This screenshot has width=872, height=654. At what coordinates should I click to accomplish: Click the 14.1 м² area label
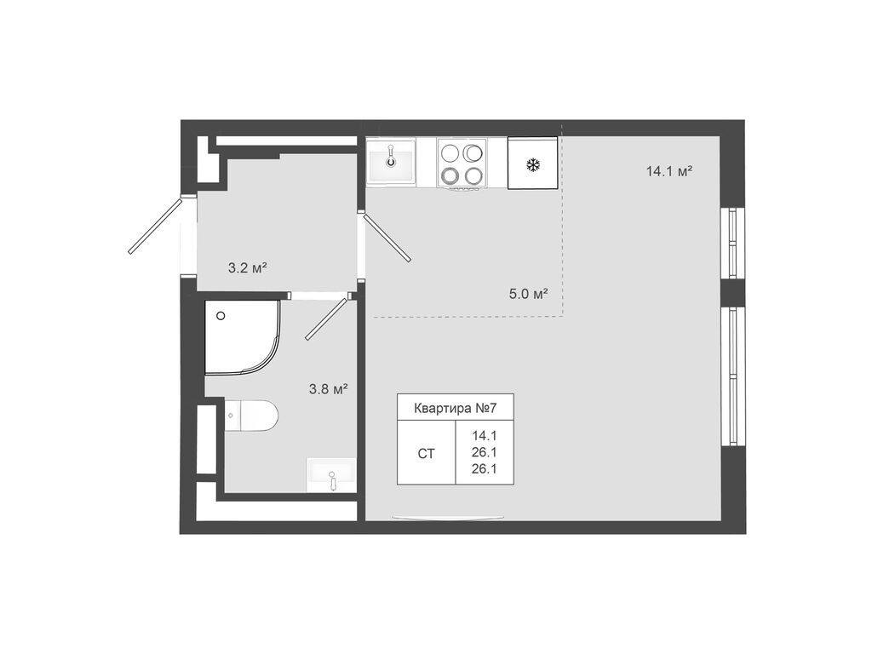pyautogui.click(x=668, y=171)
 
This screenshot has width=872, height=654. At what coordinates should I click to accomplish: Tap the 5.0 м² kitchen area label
pyautogui.click(x=528, y=295)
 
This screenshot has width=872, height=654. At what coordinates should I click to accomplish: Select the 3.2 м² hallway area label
pyautogui.click(x=247, y=267)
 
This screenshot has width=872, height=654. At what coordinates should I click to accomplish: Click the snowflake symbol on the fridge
pyautogui.click(x=532, y=164)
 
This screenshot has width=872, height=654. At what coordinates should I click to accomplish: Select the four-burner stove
pyautogui.click(x=462, y=163)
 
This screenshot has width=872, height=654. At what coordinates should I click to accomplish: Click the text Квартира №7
pyautogui.click(x=455, y=408)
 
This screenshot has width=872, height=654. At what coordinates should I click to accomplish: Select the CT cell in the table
pyautogui.click(x=426, y=454)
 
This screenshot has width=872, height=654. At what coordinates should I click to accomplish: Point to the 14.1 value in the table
pyautogui.click(x=485, y=434)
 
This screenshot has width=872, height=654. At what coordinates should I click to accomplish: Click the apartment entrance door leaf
pyautogui.click(x=155, y=226)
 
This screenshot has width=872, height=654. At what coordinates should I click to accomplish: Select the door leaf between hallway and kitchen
pyautogui.click(x=387, y=238)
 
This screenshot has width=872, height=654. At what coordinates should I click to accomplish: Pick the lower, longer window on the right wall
pyautogui.click(x=731, y=375)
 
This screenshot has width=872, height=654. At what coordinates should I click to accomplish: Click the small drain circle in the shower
pyautogui.click(x=221, y=316)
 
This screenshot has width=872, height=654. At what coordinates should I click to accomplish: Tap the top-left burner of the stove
pyautogui.click(x=450, y=153)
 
